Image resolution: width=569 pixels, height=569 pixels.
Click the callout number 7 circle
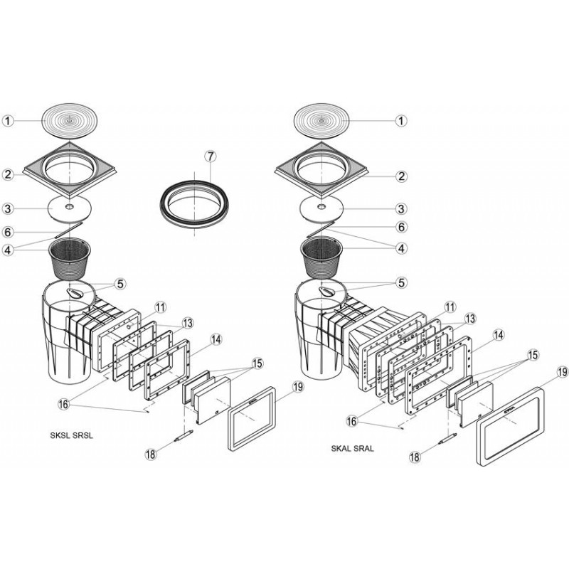[211, 156]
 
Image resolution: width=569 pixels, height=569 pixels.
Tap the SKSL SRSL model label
[72, 436]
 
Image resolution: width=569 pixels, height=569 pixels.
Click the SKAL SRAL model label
[352, 449]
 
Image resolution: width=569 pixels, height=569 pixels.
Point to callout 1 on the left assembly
[8, 121]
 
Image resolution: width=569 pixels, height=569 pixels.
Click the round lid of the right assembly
[321, 121]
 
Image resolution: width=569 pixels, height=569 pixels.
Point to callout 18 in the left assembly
[151, 454]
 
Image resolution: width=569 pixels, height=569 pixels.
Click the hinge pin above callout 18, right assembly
[447, 439]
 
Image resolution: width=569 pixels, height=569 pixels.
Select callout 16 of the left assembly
[63, 404]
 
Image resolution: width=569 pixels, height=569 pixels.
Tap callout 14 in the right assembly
[499, 335]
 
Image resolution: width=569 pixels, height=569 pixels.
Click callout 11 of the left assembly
[161, 307]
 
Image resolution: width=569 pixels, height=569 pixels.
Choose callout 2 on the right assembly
[401, 176]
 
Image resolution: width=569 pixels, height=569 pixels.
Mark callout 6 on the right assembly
[401, 227]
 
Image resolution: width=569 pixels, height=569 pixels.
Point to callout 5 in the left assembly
[120, 284]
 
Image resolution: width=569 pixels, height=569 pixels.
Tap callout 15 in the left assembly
[257, 363]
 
